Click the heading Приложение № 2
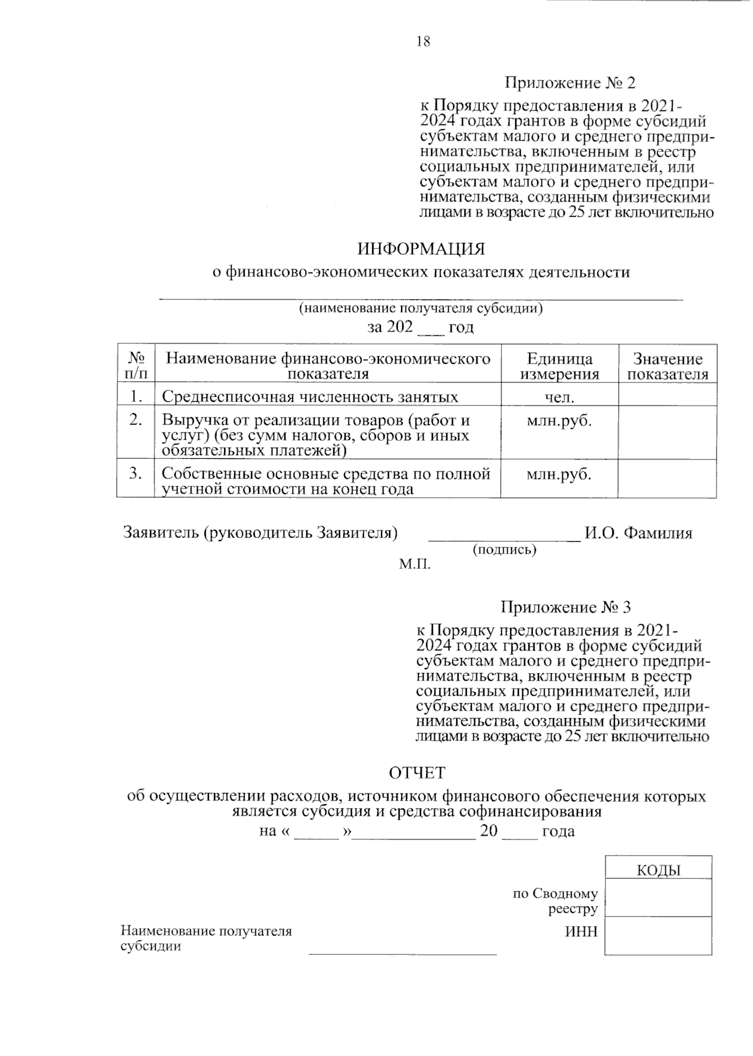(x=570, y=83)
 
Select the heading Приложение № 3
(x=565, y=607)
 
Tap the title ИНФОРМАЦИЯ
(x=421, y=249)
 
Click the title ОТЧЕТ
(x=417, y=772)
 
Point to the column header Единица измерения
(x=559, y=367)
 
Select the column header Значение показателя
(x=668, y=367)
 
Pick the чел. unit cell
(x=559, y=396)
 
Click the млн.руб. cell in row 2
(x=559, y=421)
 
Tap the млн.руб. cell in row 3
(x=559, y=474)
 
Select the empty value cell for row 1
(x=668, y=396)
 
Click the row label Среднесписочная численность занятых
(x=310, y=397)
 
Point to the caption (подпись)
(x=504, y=550)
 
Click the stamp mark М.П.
(x=415, y=564)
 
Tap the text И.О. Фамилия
(x=638, y=533)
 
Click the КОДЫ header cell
(x=658, y=870)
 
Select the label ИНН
(x=581, y=931)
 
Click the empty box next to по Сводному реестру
(x=658, y=897)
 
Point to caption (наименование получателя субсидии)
(x=420, y=309)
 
